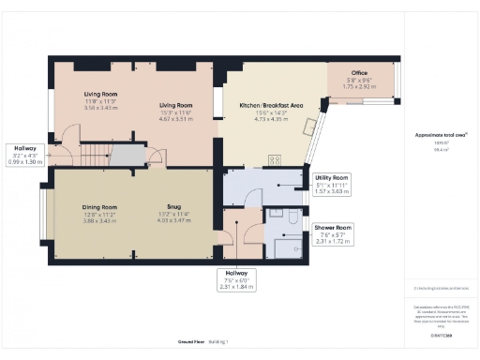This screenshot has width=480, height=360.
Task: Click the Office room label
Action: (359, 72)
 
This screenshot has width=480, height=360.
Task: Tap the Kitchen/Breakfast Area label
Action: (271, 106)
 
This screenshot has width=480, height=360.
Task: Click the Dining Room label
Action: (98, 206)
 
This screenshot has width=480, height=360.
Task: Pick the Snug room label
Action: (174, 206)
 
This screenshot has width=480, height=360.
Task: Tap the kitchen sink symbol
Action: (307, 132)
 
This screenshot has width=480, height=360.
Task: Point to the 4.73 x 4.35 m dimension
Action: (271, 120)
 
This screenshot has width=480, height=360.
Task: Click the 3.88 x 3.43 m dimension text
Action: (98, 220)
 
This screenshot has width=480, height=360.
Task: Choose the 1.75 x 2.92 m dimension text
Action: (359, 85)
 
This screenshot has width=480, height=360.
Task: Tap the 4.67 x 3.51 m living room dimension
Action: (174, 120)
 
